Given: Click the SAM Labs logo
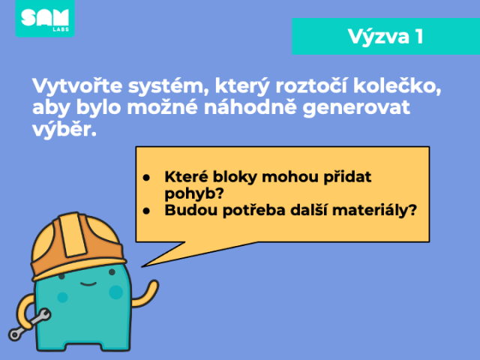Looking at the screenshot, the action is [45, 18].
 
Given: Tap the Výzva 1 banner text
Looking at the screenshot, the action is [385, 37].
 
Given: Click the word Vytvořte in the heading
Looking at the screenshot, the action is [77, 86].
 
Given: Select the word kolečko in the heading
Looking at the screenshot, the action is [397, 86].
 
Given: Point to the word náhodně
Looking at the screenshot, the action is [250, 107].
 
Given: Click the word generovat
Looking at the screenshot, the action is [356, 109].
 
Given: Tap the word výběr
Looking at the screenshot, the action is [64, 129].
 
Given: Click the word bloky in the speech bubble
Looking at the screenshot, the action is [235, 177].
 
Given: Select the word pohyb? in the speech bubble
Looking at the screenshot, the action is [194, 193].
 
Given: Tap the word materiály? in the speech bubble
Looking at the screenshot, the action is [374, 210].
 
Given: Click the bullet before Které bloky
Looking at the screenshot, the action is [146, 178].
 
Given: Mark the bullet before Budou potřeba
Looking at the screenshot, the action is [146, 211].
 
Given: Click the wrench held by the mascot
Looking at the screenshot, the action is [29, 325].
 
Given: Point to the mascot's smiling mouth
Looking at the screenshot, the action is [88, 284].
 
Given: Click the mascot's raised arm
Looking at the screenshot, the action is [147, 295].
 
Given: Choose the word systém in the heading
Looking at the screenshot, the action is [168, 87].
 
